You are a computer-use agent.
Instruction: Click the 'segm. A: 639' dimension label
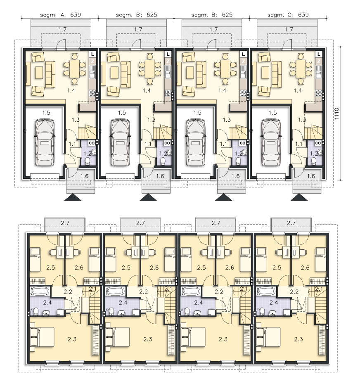click(60, 15)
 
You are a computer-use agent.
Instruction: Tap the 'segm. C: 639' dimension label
click(288, 15)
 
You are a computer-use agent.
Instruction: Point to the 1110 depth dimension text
click(337, 114)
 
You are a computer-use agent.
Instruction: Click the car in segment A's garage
click(45, 142)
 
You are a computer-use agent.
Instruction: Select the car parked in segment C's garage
click(271, 142)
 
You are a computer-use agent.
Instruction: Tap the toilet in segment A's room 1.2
click(87, 161)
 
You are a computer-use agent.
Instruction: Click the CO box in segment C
click(317, 143)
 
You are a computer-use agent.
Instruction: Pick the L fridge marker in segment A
click(92, 54)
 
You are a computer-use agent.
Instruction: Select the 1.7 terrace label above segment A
click(62, 29)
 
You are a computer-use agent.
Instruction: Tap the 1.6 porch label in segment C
click(311, 176)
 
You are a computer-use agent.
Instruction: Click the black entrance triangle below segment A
click(73, 197)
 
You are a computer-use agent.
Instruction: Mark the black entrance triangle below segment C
click(299, 197)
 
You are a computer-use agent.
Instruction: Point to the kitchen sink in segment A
click(92, 74)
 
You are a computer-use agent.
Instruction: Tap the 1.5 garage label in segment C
click(272, 113)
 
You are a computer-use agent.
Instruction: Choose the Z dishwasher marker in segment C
click(319, 61)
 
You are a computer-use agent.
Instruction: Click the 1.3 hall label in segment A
click(76, 120)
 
